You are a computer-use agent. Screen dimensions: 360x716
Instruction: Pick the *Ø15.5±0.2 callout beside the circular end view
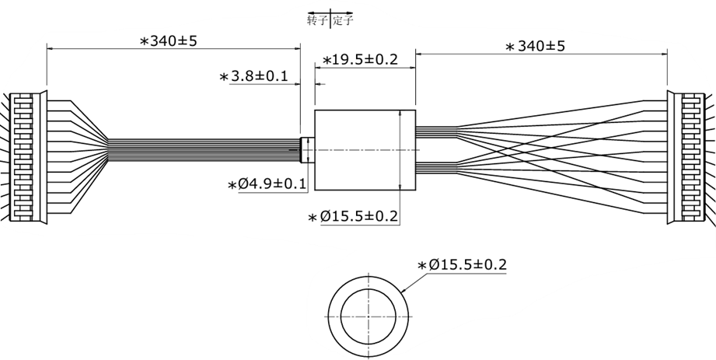coord(462,265)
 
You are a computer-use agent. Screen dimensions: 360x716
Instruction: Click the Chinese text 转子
coord(317,20)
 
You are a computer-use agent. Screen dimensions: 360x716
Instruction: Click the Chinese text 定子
coord(343,20)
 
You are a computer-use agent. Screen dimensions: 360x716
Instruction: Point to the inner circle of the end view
coord(369,317)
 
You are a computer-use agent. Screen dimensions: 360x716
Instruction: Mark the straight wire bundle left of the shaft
coord(202,150)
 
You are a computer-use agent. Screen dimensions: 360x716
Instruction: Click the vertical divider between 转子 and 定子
coord(330,19)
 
